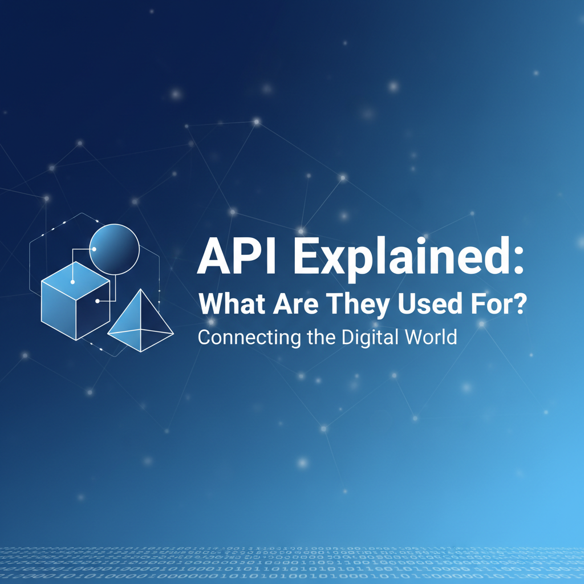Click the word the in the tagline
(x=321, y=336)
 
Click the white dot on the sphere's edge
(x=93, y=249)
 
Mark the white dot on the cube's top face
(x=72, y=281)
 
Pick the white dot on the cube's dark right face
(x=98, y=301)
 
